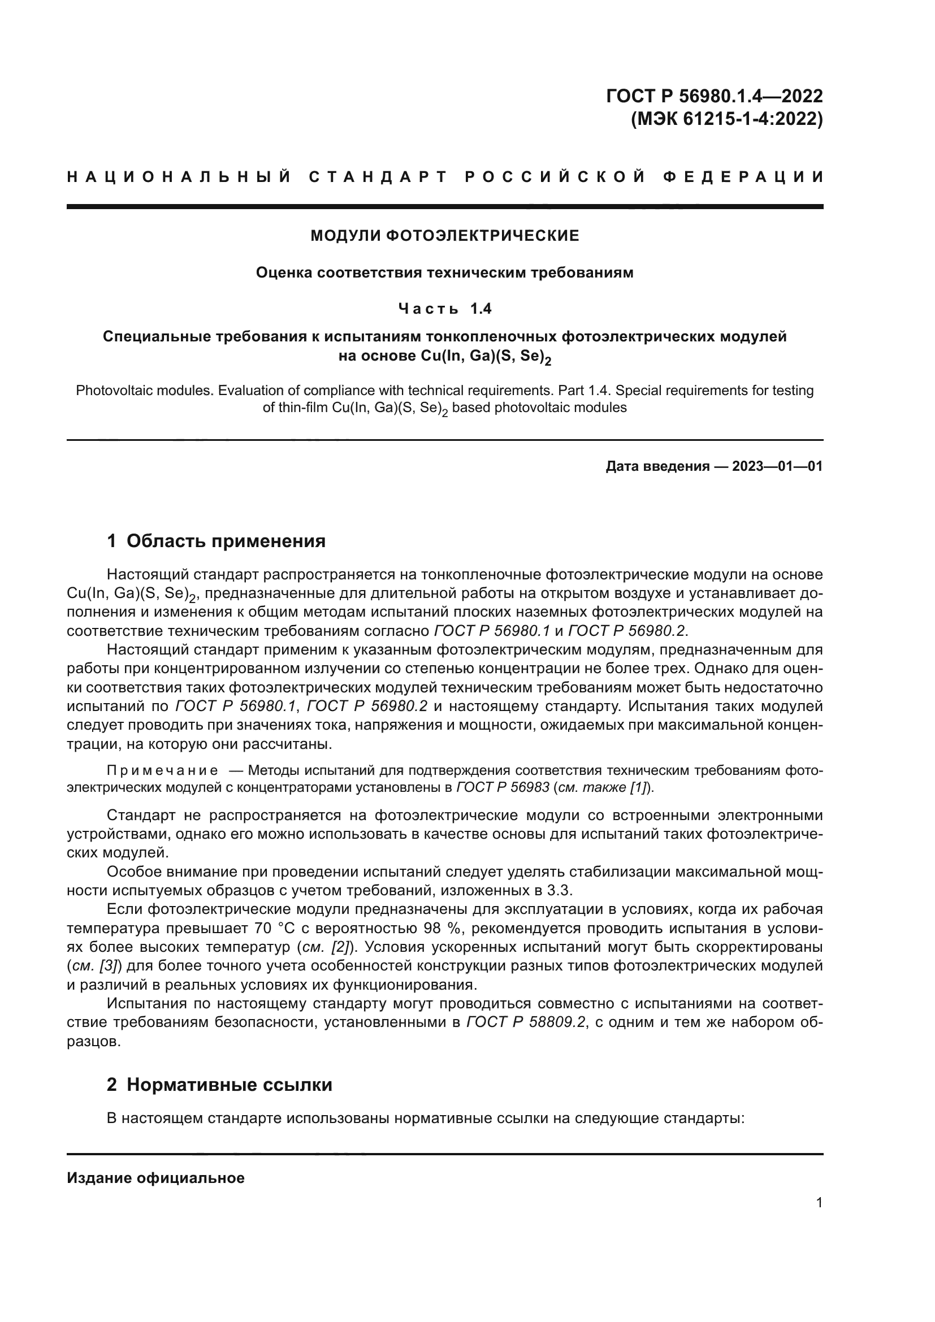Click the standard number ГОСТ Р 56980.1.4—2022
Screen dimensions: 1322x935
coord(714,96)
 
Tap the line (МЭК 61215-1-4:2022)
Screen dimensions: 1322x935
coord(726,119)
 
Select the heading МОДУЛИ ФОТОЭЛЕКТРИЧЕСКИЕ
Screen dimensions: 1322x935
coord(444,236)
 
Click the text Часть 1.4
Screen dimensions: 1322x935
coord(444,309)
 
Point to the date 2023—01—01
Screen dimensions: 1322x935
coord(777,466)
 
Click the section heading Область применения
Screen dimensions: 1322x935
coord(226,541)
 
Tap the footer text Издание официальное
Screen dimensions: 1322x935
coord(155,1178)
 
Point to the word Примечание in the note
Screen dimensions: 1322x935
coord(162,771)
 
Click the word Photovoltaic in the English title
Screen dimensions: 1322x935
coord(111,391)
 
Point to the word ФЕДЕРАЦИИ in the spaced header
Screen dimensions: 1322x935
coord(742,177)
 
